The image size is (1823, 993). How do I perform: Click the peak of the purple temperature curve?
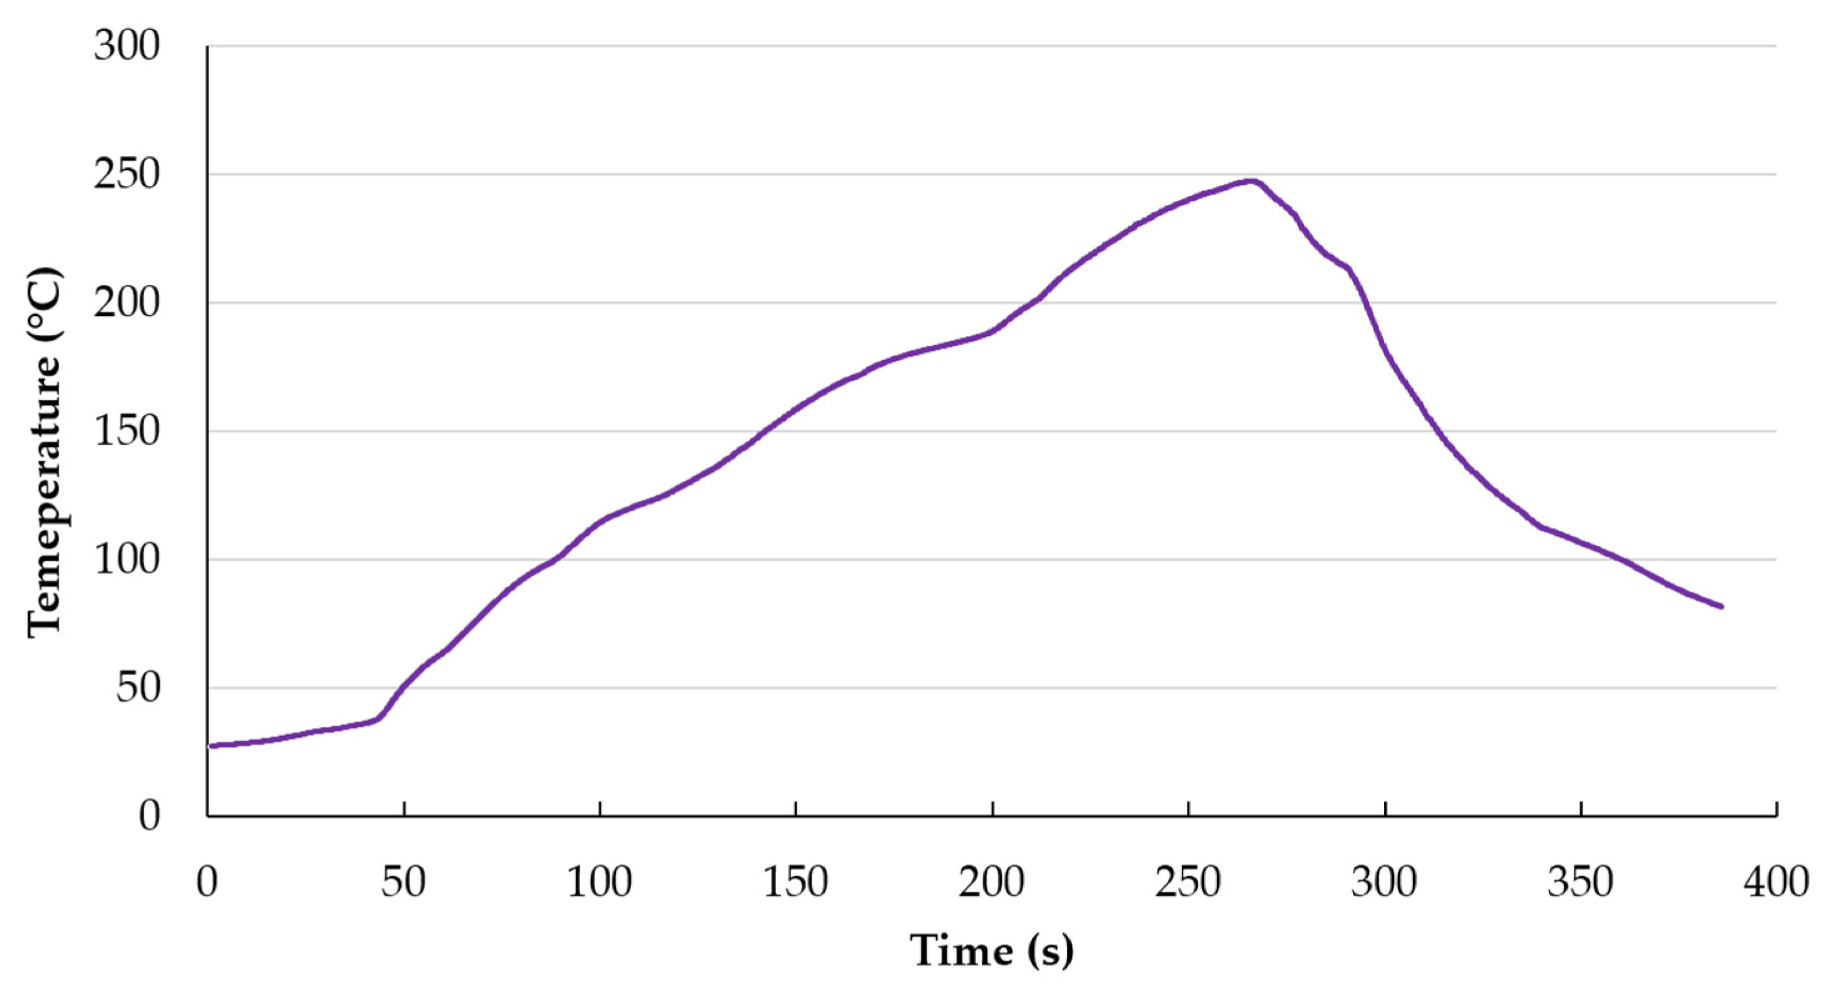tap(1252, 182)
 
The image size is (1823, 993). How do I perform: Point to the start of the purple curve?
tap(210, 746)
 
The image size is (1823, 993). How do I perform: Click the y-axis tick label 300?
tap(127, 47)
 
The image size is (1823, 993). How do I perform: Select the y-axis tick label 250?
tap(127, 175)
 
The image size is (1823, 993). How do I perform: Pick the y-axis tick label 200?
tap(127, 304)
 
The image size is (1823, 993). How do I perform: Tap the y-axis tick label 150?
tap(127, 432)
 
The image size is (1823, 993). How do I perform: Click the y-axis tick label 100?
tap(127, 560)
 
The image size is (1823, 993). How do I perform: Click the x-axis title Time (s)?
tap(991, 950)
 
